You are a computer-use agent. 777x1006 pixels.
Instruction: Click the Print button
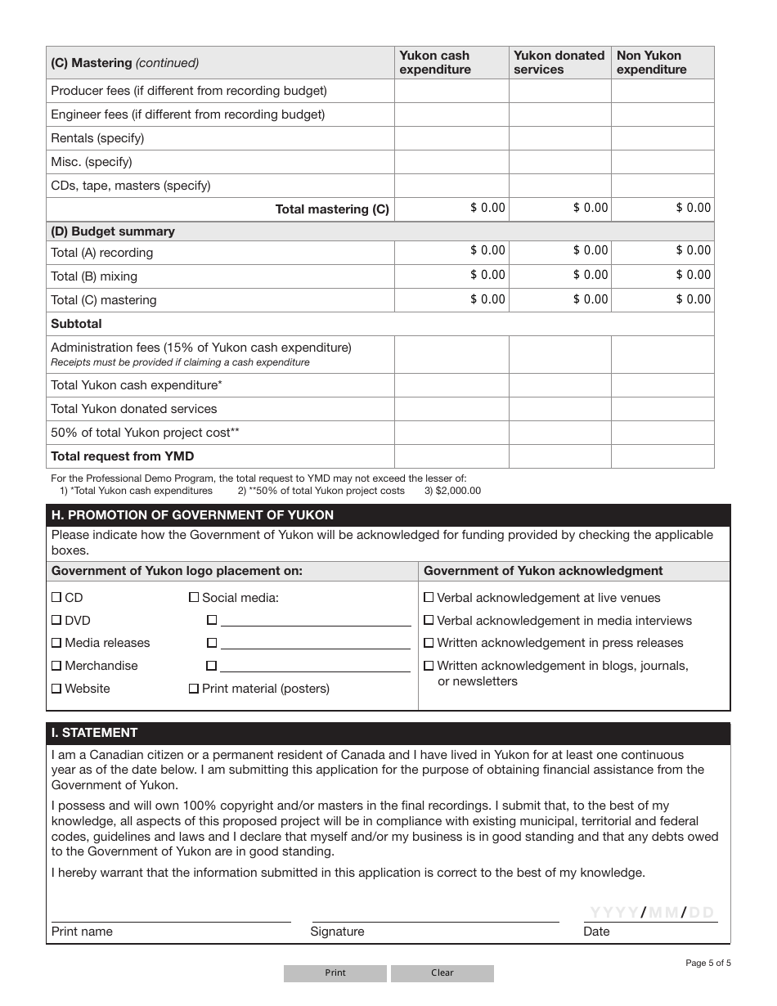tap(335, 973)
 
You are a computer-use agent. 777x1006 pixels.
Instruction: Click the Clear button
tap(442, 973)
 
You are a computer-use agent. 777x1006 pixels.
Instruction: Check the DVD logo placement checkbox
tap(56, 621)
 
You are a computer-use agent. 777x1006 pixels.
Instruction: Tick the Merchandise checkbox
tap(56, 666)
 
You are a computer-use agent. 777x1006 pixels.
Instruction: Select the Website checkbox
tap(56, 689)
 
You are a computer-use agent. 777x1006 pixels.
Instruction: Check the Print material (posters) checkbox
tap(194, 689)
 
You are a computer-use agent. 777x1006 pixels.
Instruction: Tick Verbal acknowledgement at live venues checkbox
tap(429, 598)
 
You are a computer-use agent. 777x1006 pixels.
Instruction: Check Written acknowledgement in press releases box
tap(429, 643)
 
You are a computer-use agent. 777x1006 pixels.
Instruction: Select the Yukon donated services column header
tap(559, 62)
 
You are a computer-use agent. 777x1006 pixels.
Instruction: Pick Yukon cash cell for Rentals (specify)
tap(451, 138)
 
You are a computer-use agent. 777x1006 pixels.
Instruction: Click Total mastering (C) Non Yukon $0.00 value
tap(693, 208)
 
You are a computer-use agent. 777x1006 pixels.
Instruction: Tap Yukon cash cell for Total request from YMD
tap(451, 456)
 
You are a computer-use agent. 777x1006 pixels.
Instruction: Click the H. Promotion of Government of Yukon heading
tap(193, 515)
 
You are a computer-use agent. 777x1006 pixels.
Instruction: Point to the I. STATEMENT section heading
tap(95, 733)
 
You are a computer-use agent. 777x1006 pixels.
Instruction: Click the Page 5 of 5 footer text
tap(707, 963)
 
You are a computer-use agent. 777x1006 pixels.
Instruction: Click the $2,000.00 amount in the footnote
tap(459, 491)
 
